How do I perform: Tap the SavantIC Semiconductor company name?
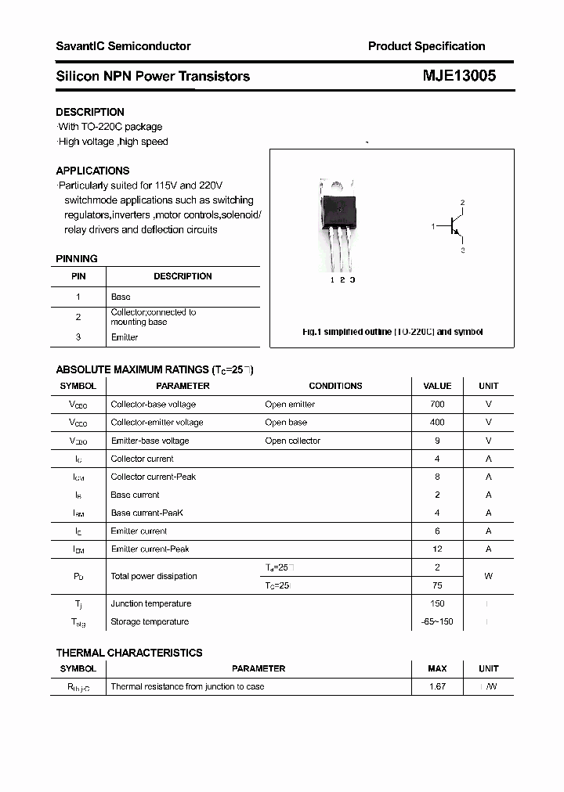[123, 46]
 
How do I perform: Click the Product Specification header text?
[426, 46]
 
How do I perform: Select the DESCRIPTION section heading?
[90, 112]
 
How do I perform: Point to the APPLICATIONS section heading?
[92, 171]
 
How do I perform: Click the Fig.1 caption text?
[392, 332]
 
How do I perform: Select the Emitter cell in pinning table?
[125, 337]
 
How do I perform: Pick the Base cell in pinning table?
[121, 297]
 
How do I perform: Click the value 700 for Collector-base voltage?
[437, 405]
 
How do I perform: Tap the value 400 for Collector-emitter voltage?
[437, 423]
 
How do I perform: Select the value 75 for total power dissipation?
[437, 585]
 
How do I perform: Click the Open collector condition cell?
[292, 441]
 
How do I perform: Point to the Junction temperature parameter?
[150, 603]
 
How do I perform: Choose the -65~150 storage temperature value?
[437, 621]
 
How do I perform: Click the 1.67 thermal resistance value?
[437, 686]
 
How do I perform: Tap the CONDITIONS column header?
[335, 386]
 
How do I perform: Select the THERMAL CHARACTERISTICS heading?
[129, 653]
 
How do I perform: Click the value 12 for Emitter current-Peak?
[437, 549]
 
